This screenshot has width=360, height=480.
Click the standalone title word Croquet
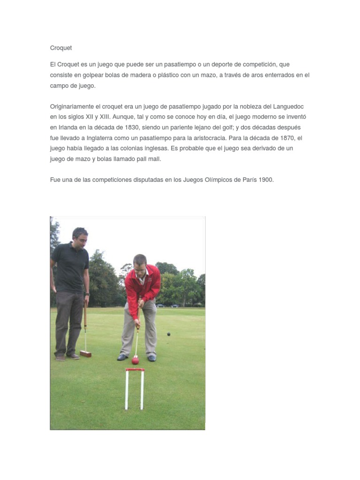pyautogui.click(x=61, y=48)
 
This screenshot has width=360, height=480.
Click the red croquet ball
pyautogui.click(x=135, y=360)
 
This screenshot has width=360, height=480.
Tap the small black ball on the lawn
pyautogui.click(x=168, y=334)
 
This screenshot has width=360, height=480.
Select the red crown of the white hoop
pyautogui.click(x=135, y=370)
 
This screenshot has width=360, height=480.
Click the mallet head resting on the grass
pyautogui.click(x=85, y=353)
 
